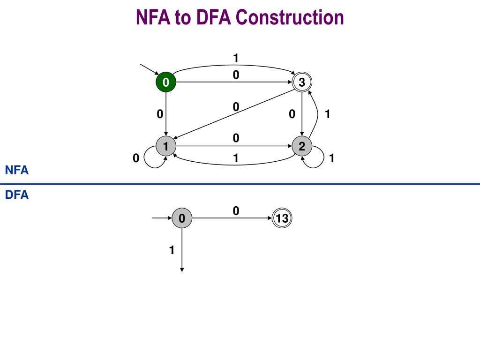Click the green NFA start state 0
pos(166,82)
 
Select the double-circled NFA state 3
pos(302,82)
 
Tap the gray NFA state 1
pos(166,146)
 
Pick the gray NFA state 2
pos(302,146)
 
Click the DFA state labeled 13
pos(282,218)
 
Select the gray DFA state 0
pos(182,218)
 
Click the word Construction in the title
pos(290,17)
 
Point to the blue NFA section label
pos(17,170)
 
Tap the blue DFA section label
pos(17,195)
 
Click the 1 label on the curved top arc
pos(236,58)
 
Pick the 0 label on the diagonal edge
pos(236,107)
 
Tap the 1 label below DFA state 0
pos(172,250)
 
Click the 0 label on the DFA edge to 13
pos(236,211)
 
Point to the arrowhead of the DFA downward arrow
pos(182,270)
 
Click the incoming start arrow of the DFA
pos(162,218)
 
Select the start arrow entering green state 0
pos(150,69)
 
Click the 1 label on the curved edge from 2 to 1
pos(236,158)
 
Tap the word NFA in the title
pos(153,17)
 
